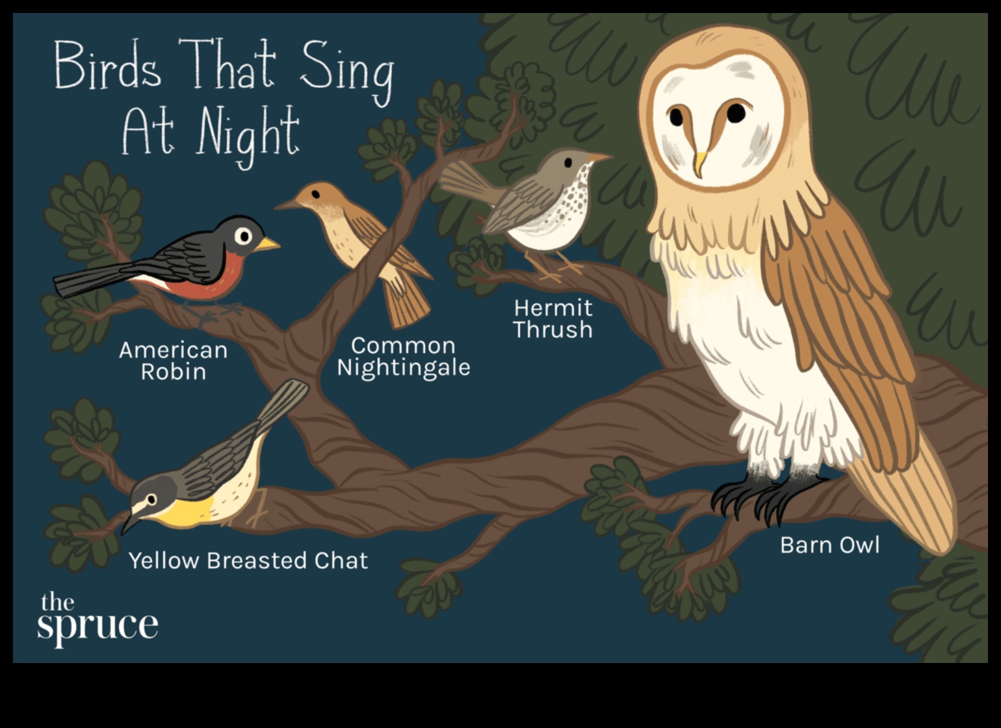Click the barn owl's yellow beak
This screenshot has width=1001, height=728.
(699, 163)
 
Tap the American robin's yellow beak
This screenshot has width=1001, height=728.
(267, 244)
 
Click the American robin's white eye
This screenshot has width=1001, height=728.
(243, 235)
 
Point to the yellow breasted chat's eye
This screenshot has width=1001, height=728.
(151, 499)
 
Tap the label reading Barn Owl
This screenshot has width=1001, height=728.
(829, 545)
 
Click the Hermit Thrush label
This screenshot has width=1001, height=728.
(552, 318)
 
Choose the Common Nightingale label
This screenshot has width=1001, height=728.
(403, 356)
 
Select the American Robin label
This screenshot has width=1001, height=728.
(173, 361)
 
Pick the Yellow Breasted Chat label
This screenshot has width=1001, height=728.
(248, 560)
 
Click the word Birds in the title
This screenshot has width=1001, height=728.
(107, 65)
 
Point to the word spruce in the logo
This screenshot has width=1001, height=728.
(97, 625)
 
